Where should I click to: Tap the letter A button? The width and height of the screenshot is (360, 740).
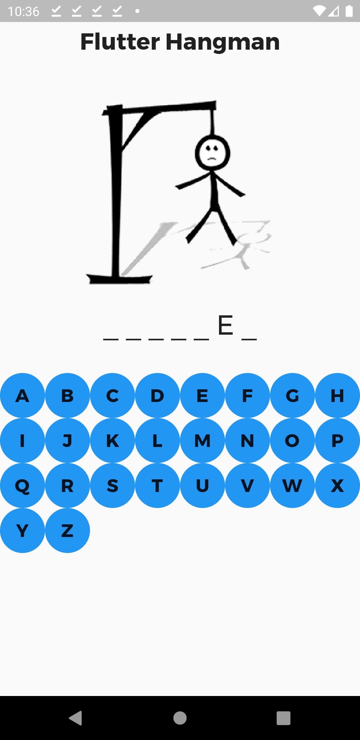coord(22,395)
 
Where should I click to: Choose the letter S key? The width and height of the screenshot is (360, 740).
coord(112,485)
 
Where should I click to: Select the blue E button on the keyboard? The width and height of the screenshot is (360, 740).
coord(202,395)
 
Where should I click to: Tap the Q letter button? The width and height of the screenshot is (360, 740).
coord(22,485)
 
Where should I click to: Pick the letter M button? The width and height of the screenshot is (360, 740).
coord(202,440)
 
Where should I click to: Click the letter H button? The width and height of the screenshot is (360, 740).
coord(337,395)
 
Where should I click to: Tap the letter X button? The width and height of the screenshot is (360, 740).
coord(337,485)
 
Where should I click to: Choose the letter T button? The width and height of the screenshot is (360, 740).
coord(157,485)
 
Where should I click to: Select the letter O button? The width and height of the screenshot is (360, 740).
coord(292,440)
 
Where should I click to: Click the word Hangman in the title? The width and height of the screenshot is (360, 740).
coord(222,42)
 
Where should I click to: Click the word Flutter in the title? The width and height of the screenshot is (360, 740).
coord(120,42)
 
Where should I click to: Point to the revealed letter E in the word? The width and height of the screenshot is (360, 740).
coord(225,325)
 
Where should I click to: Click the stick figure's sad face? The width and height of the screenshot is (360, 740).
coord(212,153)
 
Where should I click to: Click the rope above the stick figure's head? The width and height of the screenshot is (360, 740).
coord(212,122)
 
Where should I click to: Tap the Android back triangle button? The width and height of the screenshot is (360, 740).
coord(76,718)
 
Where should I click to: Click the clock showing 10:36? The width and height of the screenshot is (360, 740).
coord(23,11)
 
